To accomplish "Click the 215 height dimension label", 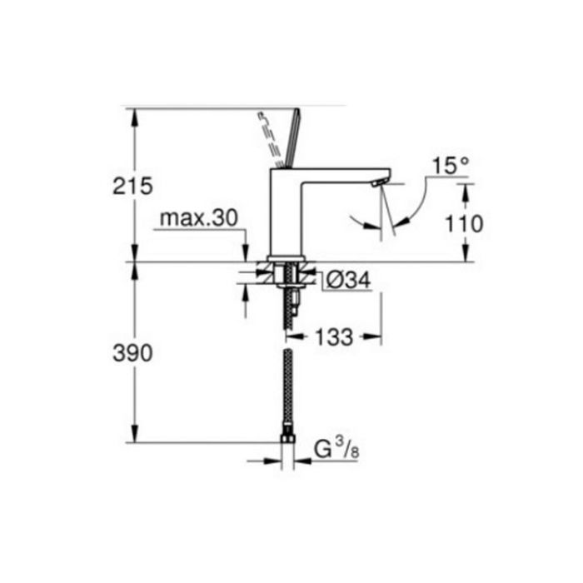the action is (132, 186).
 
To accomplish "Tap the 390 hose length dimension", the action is (132, 353).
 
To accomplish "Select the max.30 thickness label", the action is (198, 218).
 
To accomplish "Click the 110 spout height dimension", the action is (465, 224).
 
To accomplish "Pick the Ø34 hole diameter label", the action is (348, 280).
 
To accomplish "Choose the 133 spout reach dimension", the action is (334, 337).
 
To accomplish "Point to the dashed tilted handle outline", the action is (271, 139).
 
